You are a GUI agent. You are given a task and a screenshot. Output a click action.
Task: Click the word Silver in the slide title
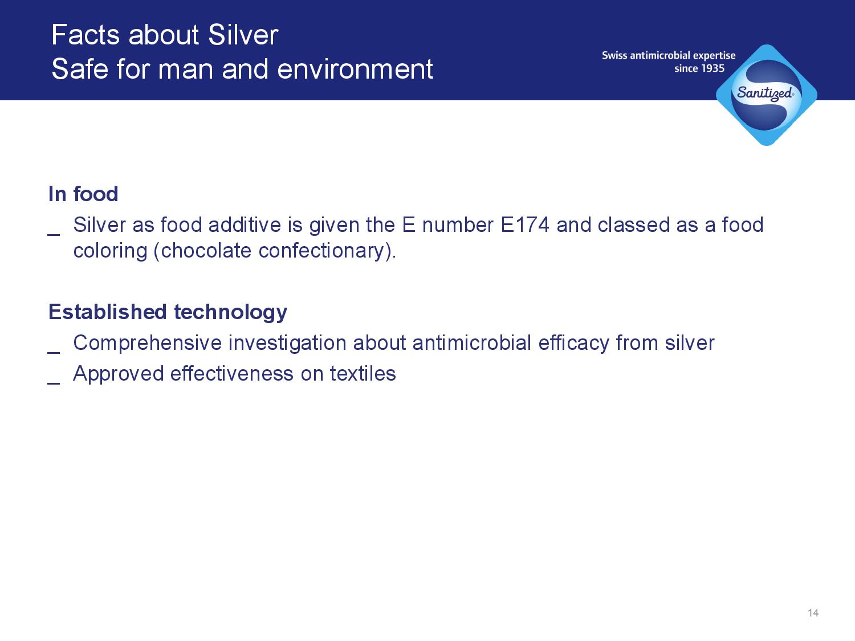tap(243, 35)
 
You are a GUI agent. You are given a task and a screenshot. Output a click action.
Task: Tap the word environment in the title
tap(355, 70)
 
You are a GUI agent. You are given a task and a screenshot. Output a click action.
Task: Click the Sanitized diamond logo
tap(767, 95)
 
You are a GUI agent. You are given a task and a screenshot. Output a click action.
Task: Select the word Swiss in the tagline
tap(614, 56)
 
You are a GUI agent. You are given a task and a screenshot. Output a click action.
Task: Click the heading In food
tap(83, 194)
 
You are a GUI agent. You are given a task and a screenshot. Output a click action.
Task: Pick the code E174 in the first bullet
tap(525, 224)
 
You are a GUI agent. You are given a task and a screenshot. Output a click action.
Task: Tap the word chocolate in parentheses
tap(206, 250)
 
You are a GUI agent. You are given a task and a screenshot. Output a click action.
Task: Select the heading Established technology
tap(168, 312)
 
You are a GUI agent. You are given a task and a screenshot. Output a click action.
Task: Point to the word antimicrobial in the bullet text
tap(472, 343)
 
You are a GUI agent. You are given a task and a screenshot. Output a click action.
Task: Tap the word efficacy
tap(574, 344)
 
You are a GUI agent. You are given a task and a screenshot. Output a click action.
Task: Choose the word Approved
tap(119, 374)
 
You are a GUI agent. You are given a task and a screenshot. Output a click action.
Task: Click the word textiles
tap(363, 374)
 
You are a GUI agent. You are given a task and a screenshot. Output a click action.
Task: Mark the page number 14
tap(813, 613)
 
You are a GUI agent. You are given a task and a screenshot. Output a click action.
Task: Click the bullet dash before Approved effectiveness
tap(54, 383)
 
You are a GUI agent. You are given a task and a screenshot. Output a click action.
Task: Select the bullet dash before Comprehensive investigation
tap(54, 353)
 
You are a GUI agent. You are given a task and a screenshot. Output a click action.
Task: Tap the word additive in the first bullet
tap(245, 224)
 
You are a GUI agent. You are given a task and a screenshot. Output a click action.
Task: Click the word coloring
tap(110, 251)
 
